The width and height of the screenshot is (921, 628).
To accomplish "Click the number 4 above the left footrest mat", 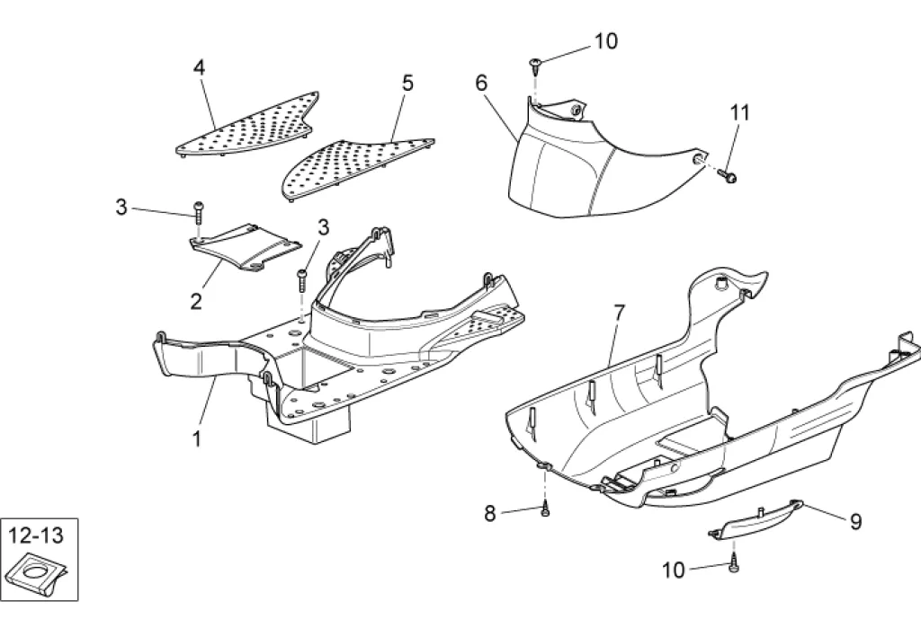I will click(x=200, y=66).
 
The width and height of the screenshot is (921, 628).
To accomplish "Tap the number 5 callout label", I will click(x=407, y=84).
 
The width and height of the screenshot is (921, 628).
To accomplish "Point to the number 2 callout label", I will click(x=196, y=301).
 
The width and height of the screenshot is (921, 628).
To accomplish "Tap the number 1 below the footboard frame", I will click(x=196, y=438).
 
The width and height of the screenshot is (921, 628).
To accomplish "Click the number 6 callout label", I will click(x=481, y=83).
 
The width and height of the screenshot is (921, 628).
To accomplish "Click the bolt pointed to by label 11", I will click(x=729, y=176).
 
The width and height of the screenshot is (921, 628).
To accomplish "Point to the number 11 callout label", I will click(x=739, y=113).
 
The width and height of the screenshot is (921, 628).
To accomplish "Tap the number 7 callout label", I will click(x=618, y=314).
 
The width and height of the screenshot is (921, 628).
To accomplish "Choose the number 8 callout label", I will click(x=490, y=514).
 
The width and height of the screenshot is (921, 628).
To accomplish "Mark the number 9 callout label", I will click(x=855, y=522).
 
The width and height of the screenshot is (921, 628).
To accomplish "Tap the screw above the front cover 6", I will click(x=536, y=63).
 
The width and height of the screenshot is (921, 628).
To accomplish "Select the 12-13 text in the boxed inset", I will click(x=37, y=536).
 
